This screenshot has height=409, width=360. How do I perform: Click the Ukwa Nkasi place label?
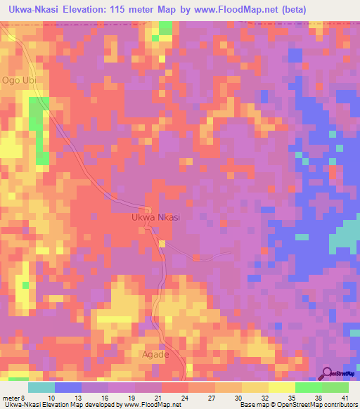tap(156, 218)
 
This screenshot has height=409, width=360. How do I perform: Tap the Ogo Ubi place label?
tap(18, 80)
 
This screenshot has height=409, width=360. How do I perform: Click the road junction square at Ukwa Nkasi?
tap(148, 209)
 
